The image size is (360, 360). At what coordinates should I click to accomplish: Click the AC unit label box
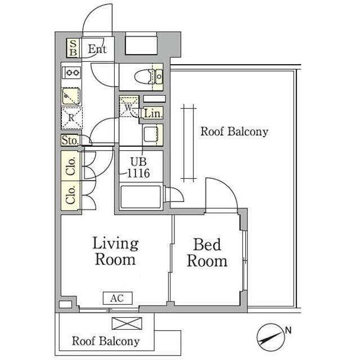pos(118,298)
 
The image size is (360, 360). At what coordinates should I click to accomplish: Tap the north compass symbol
pos(271,337)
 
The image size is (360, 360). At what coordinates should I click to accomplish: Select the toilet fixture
pos(149,76)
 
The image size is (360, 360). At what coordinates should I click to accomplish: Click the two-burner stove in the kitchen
pos(72,73)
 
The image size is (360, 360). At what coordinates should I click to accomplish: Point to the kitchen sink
pos(71,96)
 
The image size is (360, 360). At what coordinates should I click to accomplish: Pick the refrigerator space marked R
pos(71,118)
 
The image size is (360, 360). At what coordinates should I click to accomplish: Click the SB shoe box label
pos(73,48)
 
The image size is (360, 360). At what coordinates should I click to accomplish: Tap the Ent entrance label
pos(97,49)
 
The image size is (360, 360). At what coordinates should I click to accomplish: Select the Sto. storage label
pos(70,140)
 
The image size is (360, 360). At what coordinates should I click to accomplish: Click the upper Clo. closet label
pos(70,166)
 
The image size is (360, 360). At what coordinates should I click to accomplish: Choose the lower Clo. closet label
pos(70,195)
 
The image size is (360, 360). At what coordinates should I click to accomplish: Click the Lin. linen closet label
pos(152,114)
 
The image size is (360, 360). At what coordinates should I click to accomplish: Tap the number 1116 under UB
pos(138,173)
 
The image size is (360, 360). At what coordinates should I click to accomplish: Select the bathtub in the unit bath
pos(141,197)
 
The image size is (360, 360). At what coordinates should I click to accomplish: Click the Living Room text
pos(115,251)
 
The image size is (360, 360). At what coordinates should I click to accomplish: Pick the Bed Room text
pos(207,253)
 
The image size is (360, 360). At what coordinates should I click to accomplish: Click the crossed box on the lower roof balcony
pos(127,323)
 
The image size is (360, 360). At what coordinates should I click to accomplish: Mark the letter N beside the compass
pos(288,330)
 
